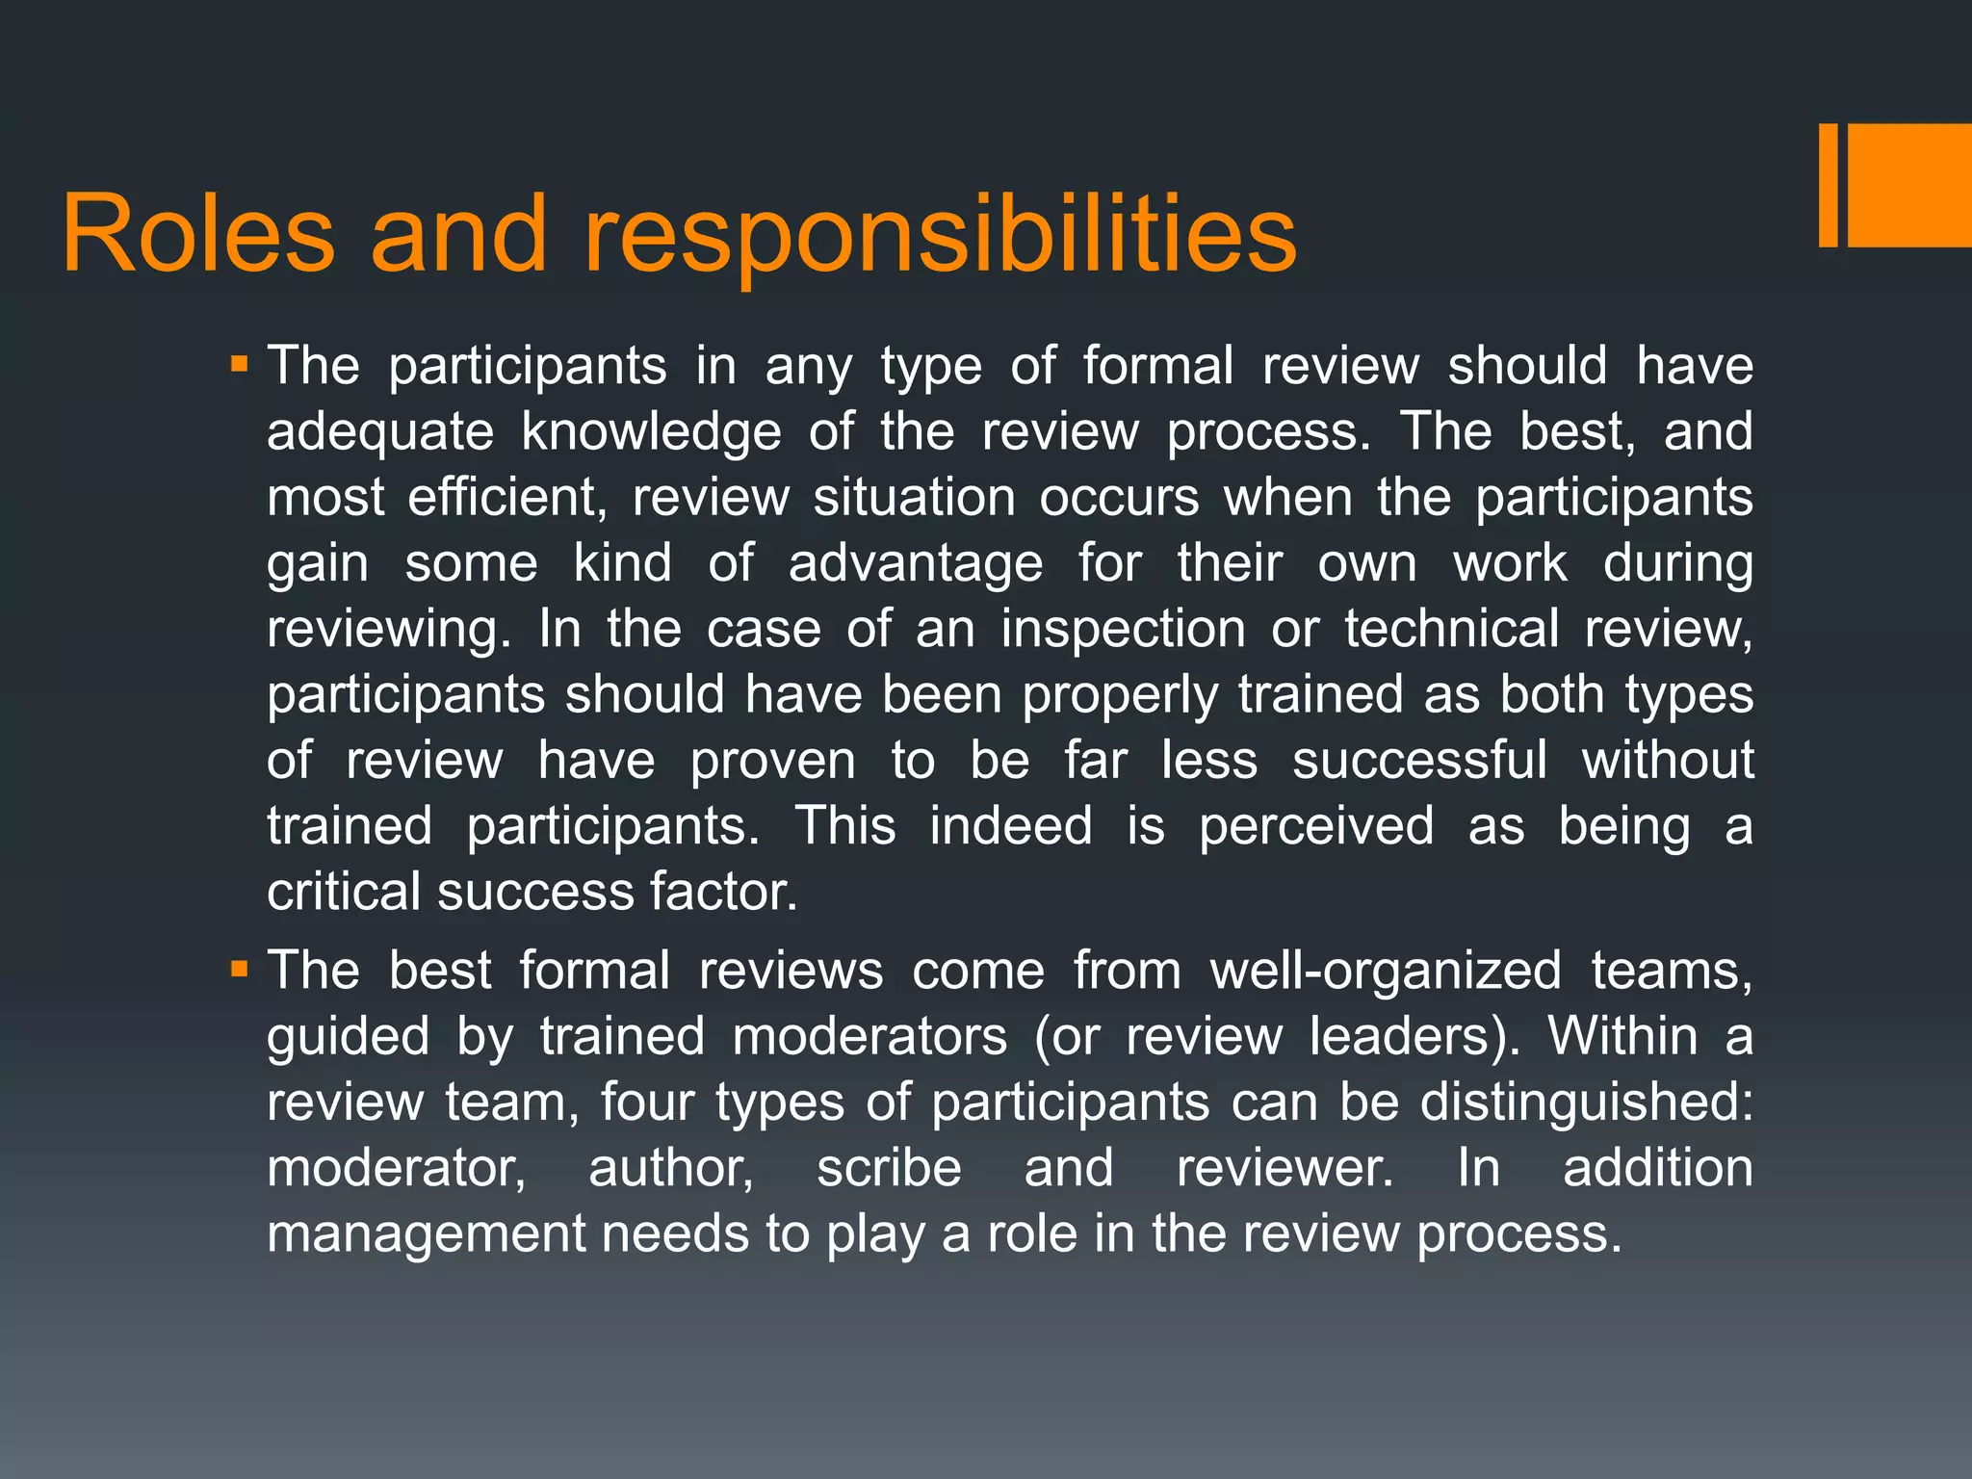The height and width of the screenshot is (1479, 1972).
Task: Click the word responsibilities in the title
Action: point(940,235)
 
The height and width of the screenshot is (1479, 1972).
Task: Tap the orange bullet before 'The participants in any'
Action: point(240,366)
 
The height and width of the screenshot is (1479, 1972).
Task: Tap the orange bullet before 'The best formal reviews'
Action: point(240,969)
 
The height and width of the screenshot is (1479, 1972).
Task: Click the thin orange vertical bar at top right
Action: point(1828,186)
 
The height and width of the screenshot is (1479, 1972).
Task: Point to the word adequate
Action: point(380,432)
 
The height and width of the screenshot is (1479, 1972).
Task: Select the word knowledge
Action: point(651,432)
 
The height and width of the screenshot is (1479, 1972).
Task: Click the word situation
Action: point(914,498)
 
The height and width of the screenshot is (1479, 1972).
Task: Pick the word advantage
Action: point(915,563)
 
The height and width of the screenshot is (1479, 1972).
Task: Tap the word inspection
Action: point(1124,629)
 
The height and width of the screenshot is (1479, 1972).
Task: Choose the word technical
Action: point(1451,629)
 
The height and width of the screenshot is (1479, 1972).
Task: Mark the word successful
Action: point(1419,761)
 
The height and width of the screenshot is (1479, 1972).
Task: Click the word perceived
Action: point(1316,826)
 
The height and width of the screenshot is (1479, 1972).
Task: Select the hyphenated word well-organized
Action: point(1386,971)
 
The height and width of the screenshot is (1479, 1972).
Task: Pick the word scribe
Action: point(889,1168)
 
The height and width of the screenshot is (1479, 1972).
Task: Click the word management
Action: point(426,1233)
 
